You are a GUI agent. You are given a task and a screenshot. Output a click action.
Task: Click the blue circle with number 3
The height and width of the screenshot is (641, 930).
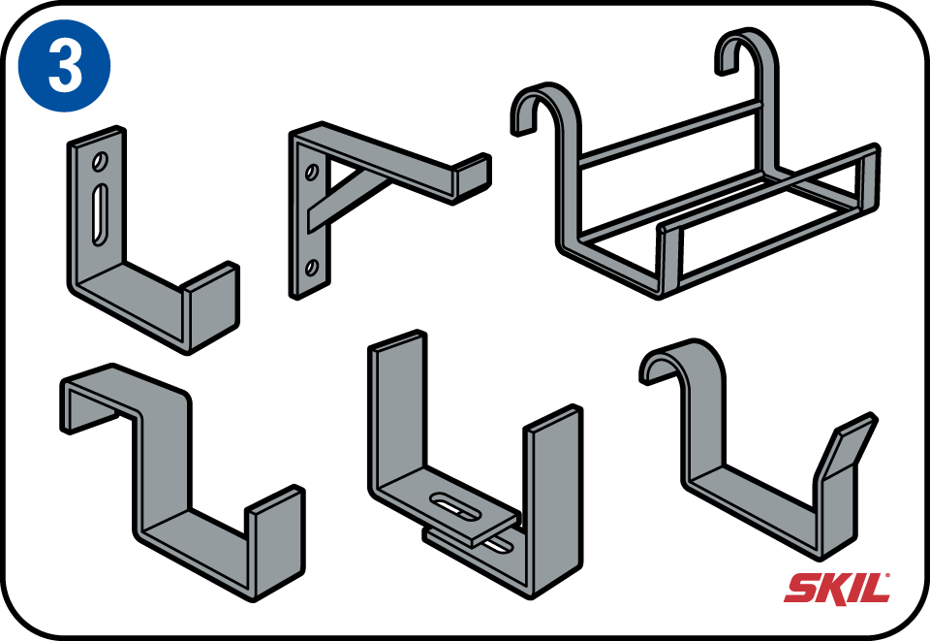pos(65,65)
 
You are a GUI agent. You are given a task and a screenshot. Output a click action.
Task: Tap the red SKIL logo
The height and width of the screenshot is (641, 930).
pos(837,589)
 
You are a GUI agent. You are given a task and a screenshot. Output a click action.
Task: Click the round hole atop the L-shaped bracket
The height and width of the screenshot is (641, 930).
pos(100,161)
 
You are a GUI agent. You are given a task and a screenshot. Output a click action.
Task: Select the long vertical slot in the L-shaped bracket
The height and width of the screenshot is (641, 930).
pos(100,213)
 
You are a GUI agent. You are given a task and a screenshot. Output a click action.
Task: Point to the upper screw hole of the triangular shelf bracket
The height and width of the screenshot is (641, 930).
pos(310,172)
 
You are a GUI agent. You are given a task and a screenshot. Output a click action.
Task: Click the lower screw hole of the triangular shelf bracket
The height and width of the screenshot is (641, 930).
pos(311,269)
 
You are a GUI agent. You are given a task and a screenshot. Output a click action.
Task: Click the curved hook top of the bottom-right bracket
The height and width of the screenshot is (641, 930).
pos(682,362)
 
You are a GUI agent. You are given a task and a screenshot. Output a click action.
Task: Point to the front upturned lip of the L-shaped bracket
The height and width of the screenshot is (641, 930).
pos(210,305)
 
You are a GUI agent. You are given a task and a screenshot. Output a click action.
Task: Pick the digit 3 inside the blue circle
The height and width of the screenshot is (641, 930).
pos(65,67)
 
